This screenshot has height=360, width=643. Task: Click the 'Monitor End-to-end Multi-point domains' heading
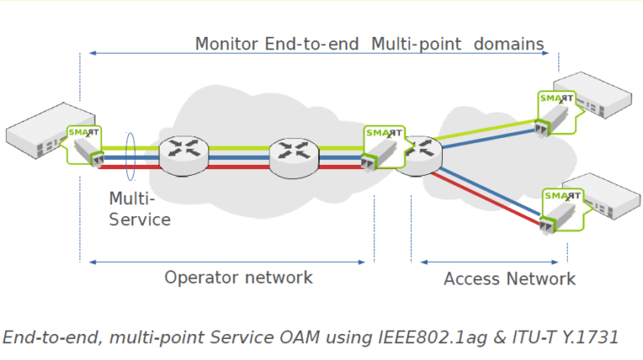(369, 44)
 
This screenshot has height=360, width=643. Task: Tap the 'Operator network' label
(238, 277)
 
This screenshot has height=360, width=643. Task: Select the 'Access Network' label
(509, 279)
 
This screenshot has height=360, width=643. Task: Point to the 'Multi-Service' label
(139, 210)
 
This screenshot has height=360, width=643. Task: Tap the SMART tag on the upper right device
(556, 99)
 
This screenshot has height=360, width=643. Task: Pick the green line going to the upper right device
(486, 131)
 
